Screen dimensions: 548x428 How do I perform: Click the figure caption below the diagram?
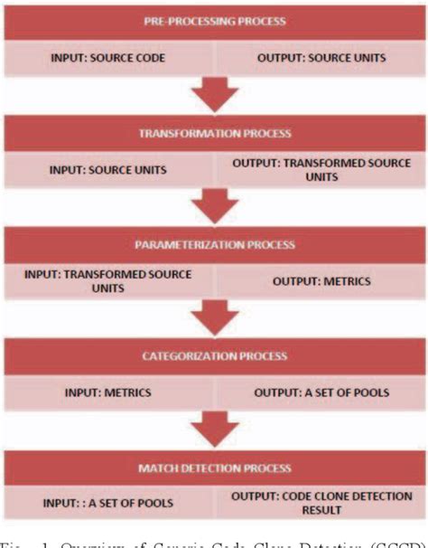pyautogui.click(x=213, y=542)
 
